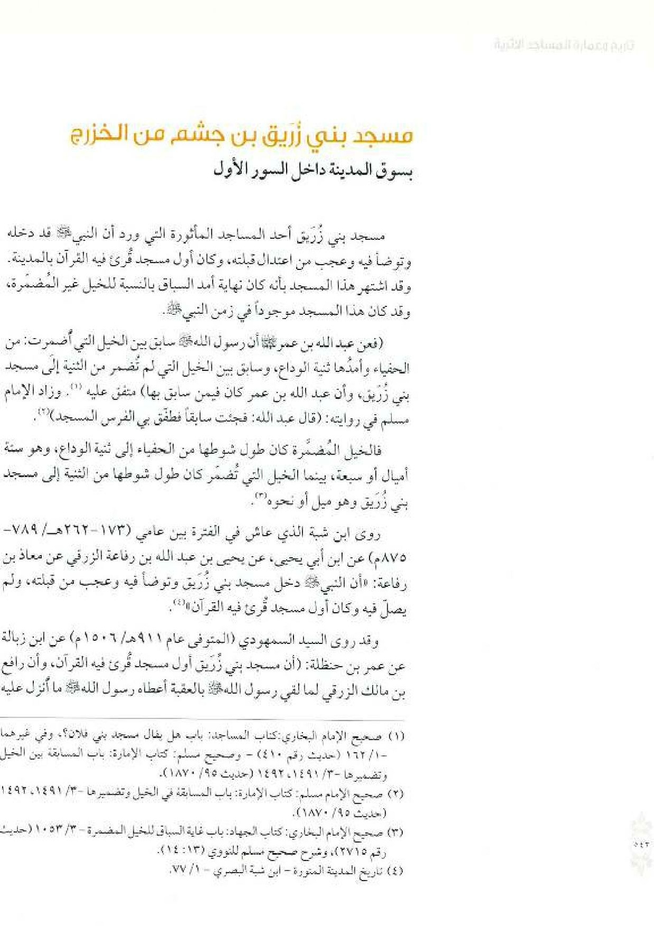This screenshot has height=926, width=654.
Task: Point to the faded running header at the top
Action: click(x=564, y=45)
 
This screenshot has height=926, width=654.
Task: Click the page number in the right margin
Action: click(x=641, y=845)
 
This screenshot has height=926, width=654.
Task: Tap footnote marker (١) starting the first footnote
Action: click(x=396, y=736)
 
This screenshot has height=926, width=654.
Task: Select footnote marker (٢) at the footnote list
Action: click(x=395, y=794)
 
